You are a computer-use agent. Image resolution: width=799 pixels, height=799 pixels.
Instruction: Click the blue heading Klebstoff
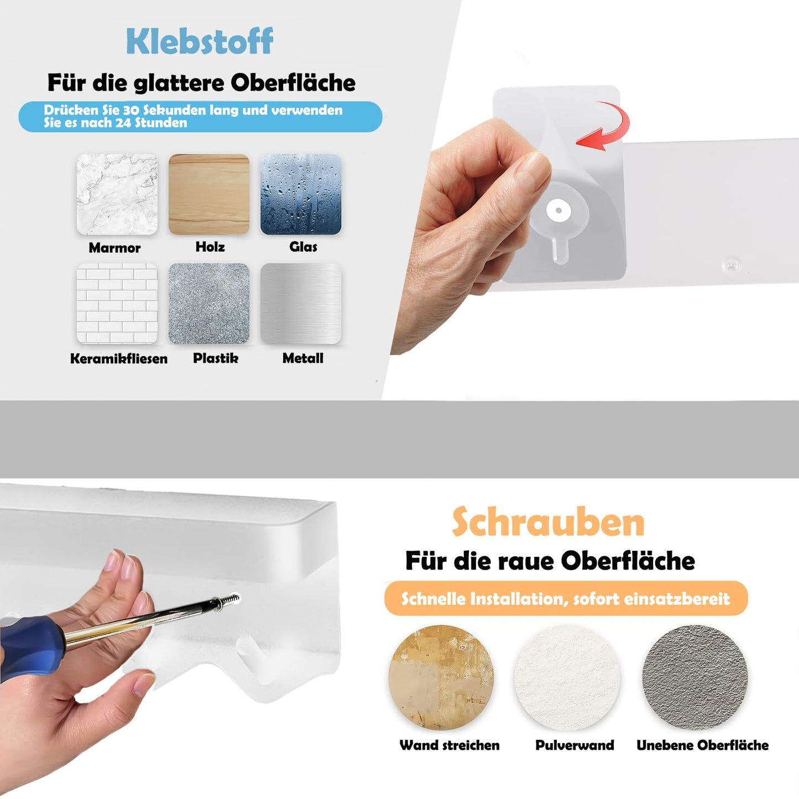[x=199, y=41]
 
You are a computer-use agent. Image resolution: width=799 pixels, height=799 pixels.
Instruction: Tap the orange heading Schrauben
[x=548, y=522]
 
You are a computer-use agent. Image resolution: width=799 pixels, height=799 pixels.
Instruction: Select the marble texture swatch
[x=117, y=195]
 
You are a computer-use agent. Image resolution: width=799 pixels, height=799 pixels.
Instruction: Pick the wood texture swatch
[x=209, y=195]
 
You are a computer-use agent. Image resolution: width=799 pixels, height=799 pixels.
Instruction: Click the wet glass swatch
[x=301, y=195]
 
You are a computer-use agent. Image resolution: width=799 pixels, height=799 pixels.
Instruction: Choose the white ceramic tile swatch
[x=117, y=304]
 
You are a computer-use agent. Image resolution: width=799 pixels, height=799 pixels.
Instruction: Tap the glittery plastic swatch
[x=209, y=304]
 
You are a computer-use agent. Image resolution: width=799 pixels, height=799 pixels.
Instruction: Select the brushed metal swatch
[x=301, y=304]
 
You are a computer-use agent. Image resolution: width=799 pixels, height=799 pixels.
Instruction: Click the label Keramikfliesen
[x=118, y=358]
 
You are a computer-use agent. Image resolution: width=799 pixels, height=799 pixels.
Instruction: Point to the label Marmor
[x=114, y=248]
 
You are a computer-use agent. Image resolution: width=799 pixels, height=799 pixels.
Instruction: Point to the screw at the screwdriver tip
[x=232, y=599]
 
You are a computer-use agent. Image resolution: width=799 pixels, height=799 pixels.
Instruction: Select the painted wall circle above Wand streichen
[x=441, y=677]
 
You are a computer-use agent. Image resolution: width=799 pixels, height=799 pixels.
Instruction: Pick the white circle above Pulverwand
[x=567, y=677]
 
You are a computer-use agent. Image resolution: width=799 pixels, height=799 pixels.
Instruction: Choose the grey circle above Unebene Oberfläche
[x=694, y=677]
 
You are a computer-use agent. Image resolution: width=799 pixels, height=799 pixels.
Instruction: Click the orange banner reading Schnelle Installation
[x=566, y=598]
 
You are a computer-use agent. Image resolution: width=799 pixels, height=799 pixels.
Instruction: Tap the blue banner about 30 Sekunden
[x=200, y=117]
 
